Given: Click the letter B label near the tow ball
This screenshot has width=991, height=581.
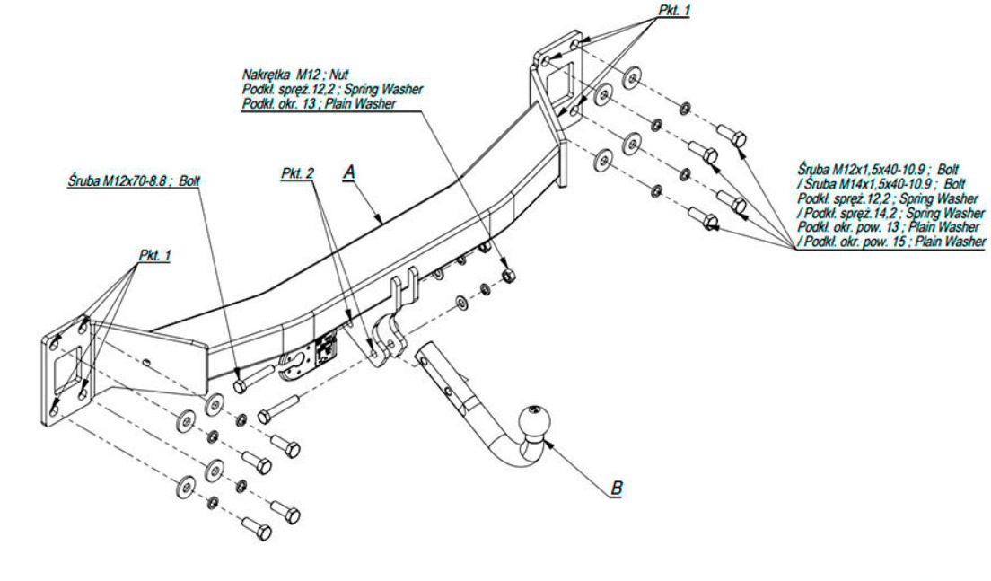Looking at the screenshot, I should tap(616, 489).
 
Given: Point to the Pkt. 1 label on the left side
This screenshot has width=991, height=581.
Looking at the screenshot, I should tap(154, 255).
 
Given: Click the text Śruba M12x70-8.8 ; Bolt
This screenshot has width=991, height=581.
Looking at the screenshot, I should tap(134, 180).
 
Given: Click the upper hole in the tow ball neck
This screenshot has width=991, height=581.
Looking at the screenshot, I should tap(423, 361).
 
